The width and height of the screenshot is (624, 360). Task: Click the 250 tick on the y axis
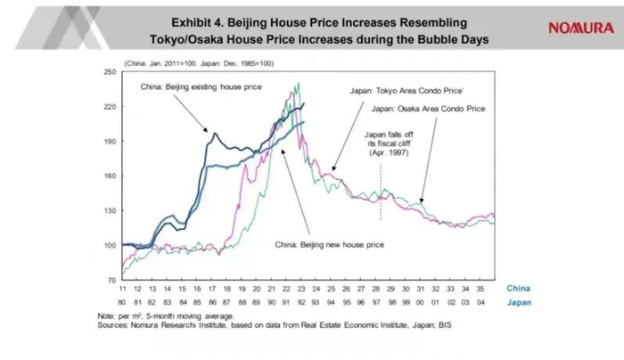111,72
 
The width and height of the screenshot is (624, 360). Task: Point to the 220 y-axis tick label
111,107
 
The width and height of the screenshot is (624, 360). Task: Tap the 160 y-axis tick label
111,176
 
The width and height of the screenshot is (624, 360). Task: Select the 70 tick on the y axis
112,280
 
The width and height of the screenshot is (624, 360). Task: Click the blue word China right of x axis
520,289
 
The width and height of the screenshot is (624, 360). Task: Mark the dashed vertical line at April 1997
381,200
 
